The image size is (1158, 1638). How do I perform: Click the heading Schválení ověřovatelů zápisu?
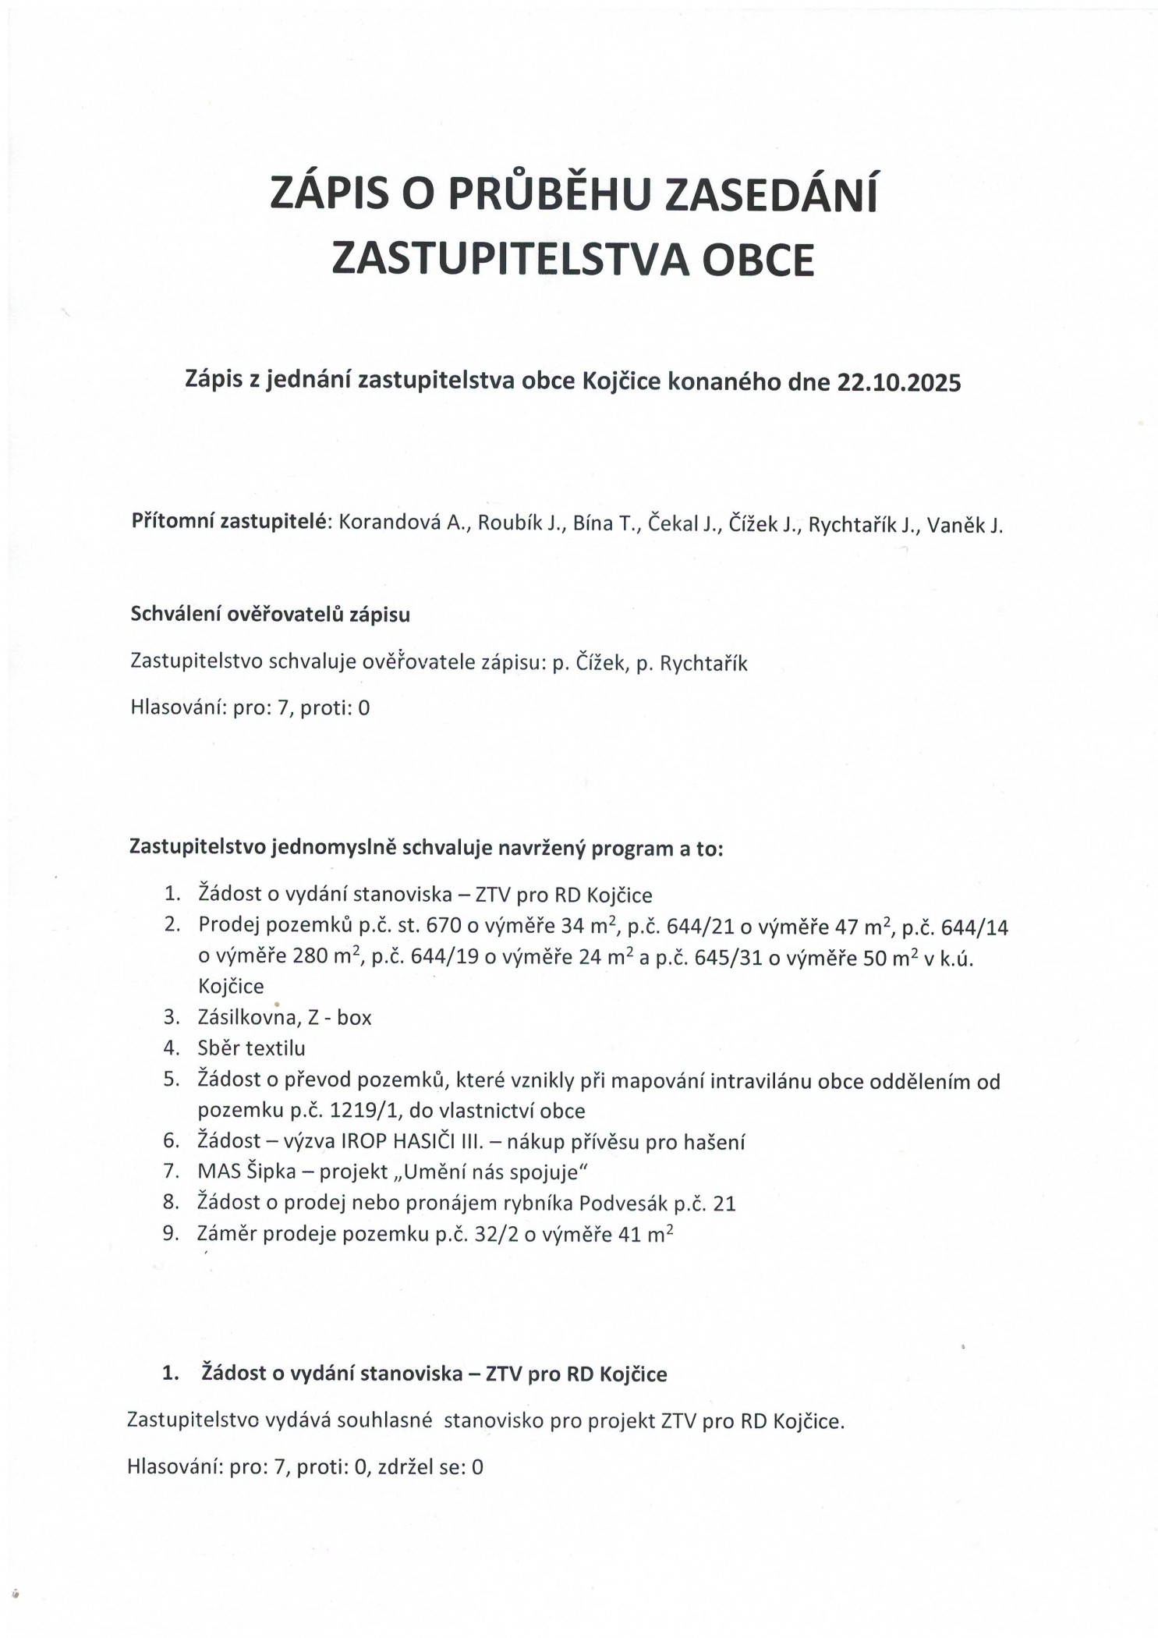pos(270,615)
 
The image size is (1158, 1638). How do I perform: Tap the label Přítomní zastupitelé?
pos(232,523)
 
